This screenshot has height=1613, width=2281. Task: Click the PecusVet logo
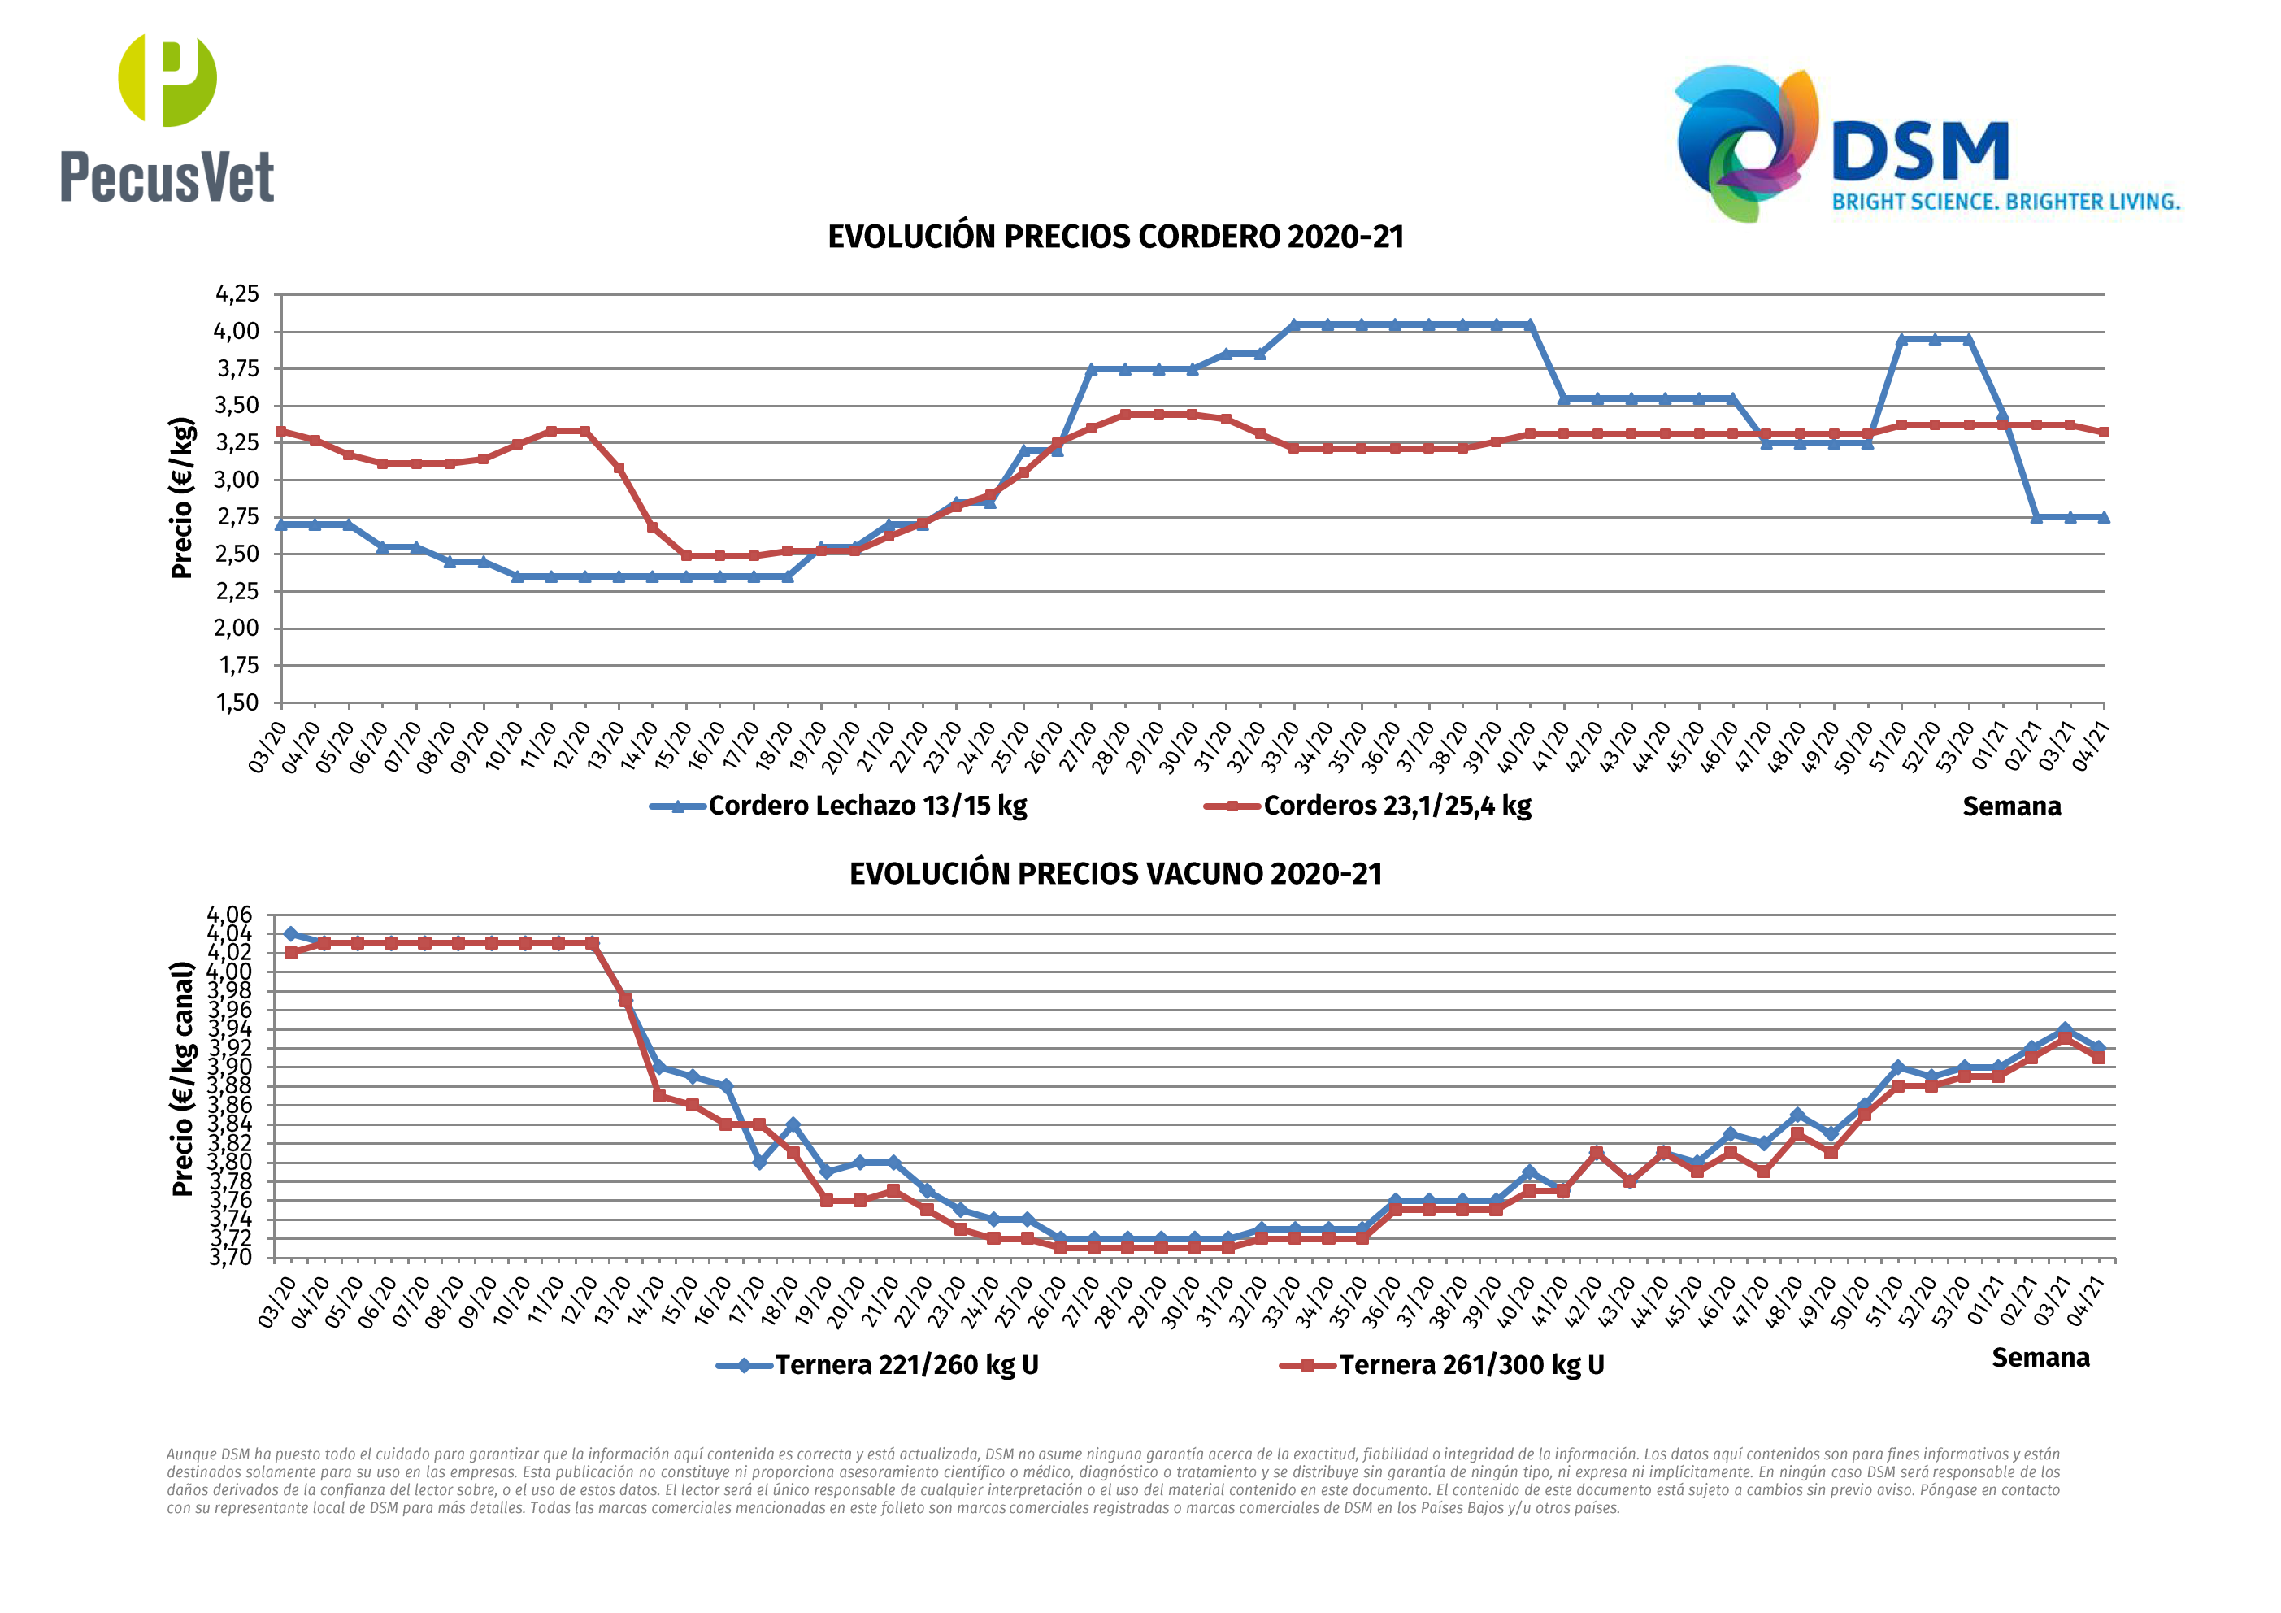[167, 120]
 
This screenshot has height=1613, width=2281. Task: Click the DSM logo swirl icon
[1746, 142]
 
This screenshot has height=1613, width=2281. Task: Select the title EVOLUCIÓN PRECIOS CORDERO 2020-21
[1115, 237]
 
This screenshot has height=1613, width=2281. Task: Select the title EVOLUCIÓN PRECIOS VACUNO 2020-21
[1115, 874]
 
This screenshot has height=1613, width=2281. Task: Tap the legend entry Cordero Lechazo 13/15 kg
[867, 805]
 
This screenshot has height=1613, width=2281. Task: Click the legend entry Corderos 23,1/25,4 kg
[1396, 805]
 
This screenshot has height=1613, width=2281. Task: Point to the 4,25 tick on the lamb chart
[237, 294]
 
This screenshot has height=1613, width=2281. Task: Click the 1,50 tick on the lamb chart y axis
[237, 702]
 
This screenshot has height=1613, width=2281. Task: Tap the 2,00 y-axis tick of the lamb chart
[237, 628]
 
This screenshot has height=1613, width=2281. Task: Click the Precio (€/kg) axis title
[182, 498]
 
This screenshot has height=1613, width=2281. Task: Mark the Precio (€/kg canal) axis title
[182, 1078]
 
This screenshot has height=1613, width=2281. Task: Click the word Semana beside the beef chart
[2040, 1358]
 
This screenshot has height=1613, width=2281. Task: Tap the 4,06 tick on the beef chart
[229, 915]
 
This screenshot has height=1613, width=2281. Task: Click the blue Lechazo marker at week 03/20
[281, 524]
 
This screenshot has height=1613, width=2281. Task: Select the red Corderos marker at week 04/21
[2103, 433]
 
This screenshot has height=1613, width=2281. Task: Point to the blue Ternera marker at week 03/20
[290, 933]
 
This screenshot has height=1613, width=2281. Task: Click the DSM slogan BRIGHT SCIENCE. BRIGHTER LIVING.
[2005, 202]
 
